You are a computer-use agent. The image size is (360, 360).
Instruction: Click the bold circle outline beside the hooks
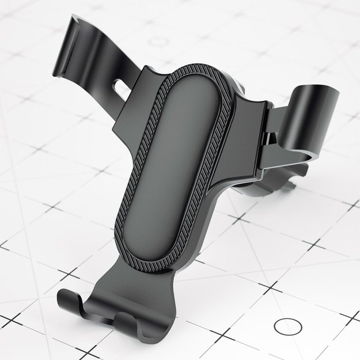[287, 327]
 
